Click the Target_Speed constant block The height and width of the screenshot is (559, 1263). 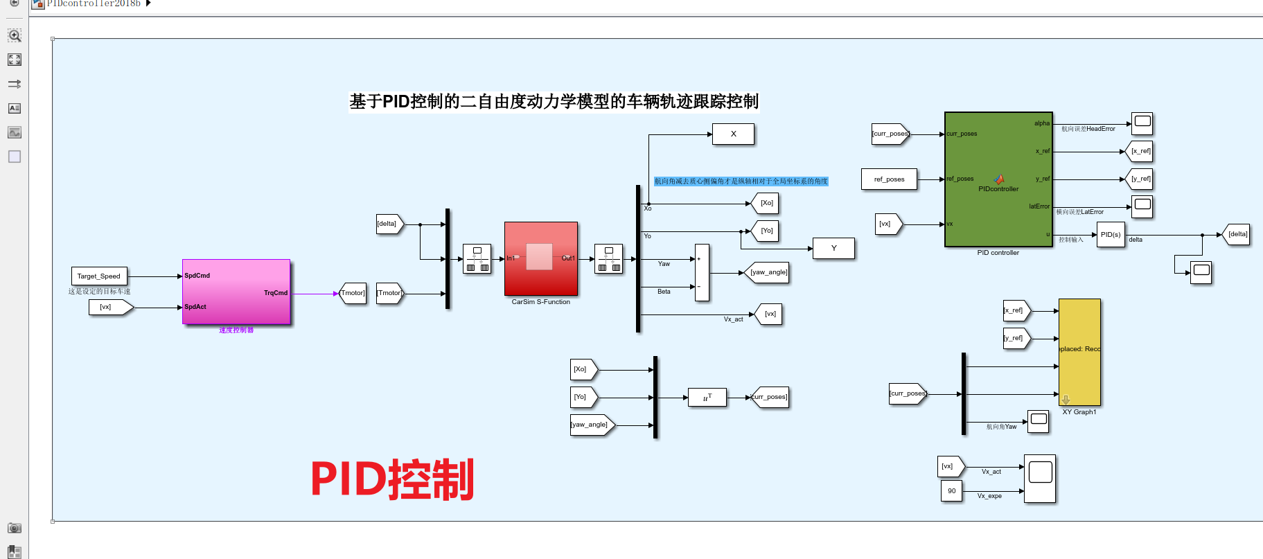click(x=99, y=276)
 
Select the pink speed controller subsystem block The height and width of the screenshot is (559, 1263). click(x=236, y=292)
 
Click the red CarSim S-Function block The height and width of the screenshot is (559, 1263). click(x=540, y=258)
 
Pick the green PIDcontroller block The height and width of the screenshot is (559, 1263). click(x=998, y=179)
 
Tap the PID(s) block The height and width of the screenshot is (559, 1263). click(x=1111, y=235)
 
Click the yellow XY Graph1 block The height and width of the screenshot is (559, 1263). click(x=1079, y=352)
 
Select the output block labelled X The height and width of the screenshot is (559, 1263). click(x=733, y=134)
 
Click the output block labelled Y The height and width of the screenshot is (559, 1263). click(x=833, y=249)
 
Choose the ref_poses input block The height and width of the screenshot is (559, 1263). click(x=889, y=179)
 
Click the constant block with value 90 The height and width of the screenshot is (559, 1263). click(x=951, y=491)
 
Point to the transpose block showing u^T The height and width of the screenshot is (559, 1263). click(x=707, y=398)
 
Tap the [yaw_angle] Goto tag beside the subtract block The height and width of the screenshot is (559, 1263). click(x=768, y=273)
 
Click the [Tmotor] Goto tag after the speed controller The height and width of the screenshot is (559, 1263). click(x=353, y=293)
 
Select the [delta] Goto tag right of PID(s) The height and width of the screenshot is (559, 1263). click(x=1237, y=235)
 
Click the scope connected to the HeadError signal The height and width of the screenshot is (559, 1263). click(x=1142, y=124)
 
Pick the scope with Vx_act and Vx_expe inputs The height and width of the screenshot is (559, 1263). click(x=1040, y=479)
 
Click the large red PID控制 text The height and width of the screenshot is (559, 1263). click(x=392, y=479)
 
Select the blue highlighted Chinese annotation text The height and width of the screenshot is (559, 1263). click(x=741, y=181)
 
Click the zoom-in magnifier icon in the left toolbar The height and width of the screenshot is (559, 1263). click(x=14, y=35)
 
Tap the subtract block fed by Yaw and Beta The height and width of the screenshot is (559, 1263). click(x=702, y=273)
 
